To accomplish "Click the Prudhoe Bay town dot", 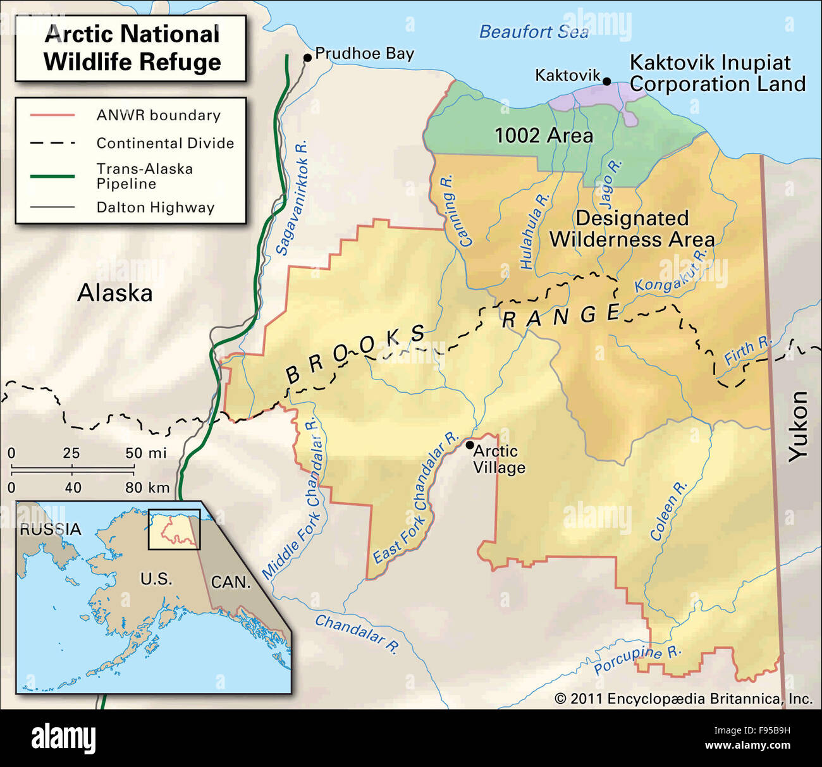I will pyautogui.click(x=307, y=58).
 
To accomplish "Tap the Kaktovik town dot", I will pyautogui.click(x=606, y=81).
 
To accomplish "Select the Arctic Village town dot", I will pyautogui.click(x=470, y=445).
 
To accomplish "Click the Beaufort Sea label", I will pyautogui.click(x=533, y=32).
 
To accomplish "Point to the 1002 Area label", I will pyautogui.click(x=543, y=135).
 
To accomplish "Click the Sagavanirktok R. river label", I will pyautogui.click(x=292, y=198).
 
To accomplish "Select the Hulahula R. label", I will pyautogui.click(x=534, y=231).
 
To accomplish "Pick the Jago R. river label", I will pyautogui.click(x=610, y=184).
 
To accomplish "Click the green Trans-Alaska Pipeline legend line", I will pyautogui.click(x=52, y=176).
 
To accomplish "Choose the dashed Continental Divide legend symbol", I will pyautogui.click(x=52, y=144).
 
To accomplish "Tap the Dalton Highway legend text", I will pyautogui.click(x=156, y=207).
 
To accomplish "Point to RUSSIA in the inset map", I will pyautogui.click(x=51, y=529).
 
